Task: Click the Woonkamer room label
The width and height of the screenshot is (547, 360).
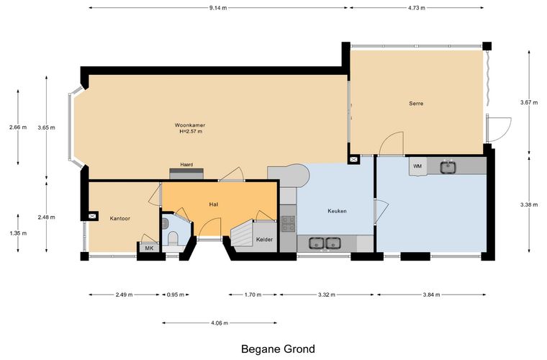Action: (x=190, y=125)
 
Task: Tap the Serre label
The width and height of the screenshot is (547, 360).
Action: (x=416, y=103)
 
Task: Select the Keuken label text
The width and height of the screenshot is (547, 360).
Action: (x=337, y=211)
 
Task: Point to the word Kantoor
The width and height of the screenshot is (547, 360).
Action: (x=119, y=219)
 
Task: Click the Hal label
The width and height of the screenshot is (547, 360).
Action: (x=214, y=204)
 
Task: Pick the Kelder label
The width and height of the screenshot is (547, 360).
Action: (x=264, y=240)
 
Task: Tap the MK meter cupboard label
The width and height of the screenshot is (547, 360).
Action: (x=149, y=248)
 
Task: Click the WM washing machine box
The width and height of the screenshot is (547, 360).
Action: (x=417, y=166)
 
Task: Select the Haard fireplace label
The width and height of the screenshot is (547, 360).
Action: (x=186, y=165)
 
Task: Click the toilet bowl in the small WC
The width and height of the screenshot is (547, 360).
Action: (x=173, y=239)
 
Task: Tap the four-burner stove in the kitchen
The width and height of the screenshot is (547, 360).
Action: (x=288, y=224)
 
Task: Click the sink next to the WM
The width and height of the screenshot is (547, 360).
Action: (x=447, y=167)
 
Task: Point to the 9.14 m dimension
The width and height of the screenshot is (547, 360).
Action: (x=218, y=8)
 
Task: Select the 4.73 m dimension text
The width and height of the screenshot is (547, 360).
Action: (x=417, y=8)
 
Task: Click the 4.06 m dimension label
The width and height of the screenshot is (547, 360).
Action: (x=220, y=323)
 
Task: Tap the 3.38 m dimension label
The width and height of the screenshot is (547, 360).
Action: (x=529, y=204)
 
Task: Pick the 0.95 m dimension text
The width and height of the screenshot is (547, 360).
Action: (x=176, y=294)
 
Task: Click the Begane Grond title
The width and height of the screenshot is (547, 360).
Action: (x=278, y=348)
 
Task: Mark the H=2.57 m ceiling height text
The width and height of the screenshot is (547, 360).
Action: (x=191, y=132)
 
